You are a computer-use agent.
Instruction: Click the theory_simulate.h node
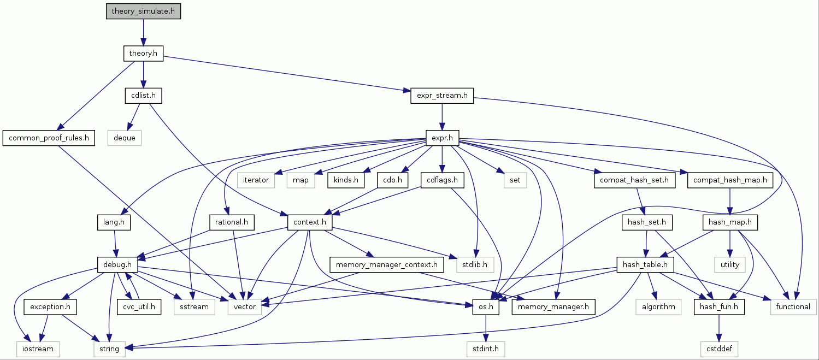[143, 11]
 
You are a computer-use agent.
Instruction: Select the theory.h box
[143, 54]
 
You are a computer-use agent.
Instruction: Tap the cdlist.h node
[143, 96]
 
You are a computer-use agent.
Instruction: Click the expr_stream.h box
[442, 96]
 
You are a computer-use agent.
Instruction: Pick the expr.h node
[442, 138]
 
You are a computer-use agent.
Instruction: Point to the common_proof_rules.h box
[48, 138]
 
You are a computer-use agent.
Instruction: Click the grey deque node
[125, 138]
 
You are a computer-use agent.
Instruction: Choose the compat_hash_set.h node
[634, 180]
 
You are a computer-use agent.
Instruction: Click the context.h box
[310, 222]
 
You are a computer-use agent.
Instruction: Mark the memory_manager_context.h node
[387, 265]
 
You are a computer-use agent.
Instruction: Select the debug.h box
[117, 265]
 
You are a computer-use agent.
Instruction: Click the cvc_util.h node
[139, 307]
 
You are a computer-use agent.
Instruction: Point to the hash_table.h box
[645, 265]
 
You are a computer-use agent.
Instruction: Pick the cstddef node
[719, 348]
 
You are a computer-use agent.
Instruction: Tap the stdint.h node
[485, 348]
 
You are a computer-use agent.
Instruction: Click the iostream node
[38, 348]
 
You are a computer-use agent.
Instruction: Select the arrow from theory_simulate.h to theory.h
[143, 32]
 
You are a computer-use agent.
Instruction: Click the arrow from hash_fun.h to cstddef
[719, 327]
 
